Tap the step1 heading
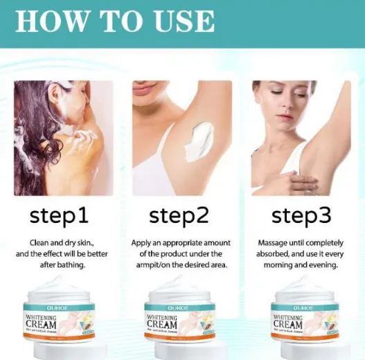click(x=58, y=216)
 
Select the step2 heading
click(x=179, y=216)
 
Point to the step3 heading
click(x=301, y=216)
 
